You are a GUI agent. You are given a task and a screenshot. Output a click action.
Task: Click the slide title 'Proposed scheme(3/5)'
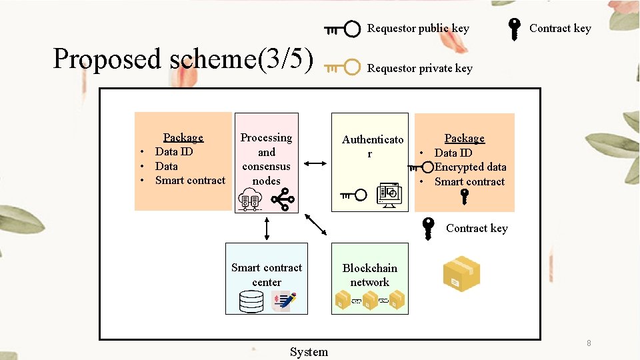(183, 59)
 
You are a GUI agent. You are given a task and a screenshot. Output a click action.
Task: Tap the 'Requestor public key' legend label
(418, 29)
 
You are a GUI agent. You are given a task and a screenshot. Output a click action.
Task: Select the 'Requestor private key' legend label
(419, 69)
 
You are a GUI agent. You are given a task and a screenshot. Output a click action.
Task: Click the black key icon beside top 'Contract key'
(515, 29)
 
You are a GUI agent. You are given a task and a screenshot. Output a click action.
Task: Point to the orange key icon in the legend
(343, 68)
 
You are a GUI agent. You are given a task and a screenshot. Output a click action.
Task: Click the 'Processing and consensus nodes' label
(266, 159)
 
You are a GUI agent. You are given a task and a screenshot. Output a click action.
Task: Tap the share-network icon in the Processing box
(283, 199)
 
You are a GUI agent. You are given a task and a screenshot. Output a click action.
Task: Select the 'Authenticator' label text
(372, 147)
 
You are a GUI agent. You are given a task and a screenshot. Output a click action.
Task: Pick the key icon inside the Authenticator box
(353, 195)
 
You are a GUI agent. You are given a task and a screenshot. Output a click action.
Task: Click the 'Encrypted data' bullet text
(470, 167)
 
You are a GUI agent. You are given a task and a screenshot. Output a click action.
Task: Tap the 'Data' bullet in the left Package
(166, 166)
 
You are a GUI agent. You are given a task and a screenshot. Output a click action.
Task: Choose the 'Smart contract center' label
(267, 275)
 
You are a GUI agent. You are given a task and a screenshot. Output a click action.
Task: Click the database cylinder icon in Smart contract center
(251, 302)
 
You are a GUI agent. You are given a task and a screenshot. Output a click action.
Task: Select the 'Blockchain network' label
(369, 275)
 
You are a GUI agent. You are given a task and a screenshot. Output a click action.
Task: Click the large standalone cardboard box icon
(461, 274)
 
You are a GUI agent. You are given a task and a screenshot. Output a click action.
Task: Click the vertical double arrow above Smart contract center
(267, 228)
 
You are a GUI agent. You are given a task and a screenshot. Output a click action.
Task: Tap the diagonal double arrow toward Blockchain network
(315, 225)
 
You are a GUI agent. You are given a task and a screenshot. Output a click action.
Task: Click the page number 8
(589, 343)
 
